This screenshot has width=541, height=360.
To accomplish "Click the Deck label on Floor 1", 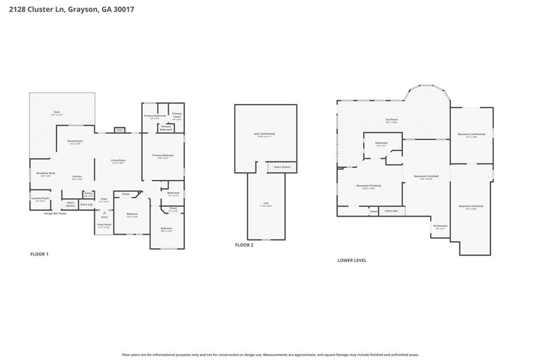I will [x=57, y=112].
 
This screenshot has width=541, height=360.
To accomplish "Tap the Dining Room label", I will [x=74, y=141].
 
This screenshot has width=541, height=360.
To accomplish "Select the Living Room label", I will [x=118, y=160].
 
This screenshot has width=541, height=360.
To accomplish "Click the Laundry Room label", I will [x=40, y=198].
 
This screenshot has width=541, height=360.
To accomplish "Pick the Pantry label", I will [x=88, y=193].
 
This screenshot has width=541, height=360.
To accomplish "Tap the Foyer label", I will [x=104, y=199].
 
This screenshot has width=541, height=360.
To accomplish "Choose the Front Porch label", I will [x=104, y=225].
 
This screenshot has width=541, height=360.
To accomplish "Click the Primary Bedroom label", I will [x=163, y=155].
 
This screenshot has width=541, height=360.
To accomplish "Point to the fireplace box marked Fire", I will [x=119, y=130].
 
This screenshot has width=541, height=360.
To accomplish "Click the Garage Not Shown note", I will [x=55, y=213].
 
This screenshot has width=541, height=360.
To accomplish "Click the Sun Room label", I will [x=391, y=120].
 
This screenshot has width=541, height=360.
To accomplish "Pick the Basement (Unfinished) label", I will [x=471, y=135].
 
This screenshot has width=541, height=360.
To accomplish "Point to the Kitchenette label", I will [x=440, y=226].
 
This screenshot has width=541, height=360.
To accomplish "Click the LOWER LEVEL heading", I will [x=352, y=260].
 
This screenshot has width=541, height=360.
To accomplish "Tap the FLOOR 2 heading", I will [x=244, y=245].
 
